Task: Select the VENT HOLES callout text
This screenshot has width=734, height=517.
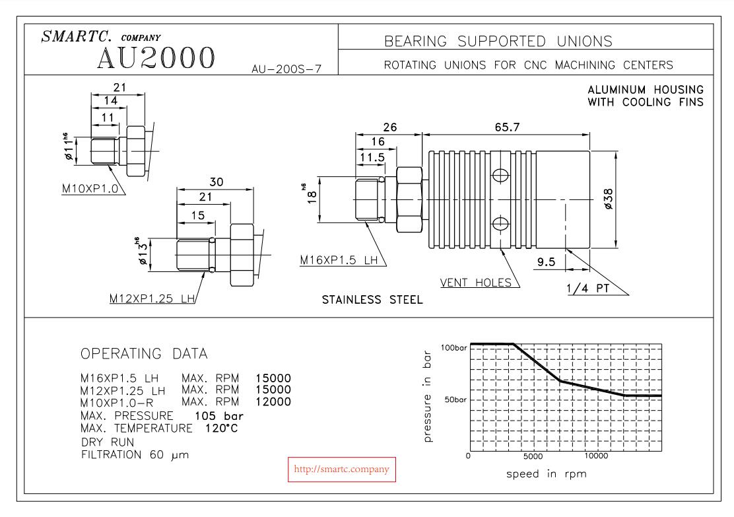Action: point(476,283)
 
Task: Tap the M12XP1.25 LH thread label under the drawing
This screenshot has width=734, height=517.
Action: point(152,299)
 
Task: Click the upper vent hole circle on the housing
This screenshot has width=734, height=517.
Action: point(501,175)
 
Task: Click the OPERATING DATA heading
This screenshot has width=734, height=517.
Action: point(144,355)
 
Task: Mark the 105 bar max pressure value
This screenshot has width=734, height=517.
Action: point(219,415)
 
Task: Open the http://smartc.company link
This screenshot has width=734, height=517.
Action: point(341,469)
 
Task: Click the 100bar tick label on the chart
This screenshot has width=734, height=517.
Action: point(453,347)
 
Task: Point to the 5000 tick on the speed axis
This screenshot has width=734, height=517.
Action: point(533,456)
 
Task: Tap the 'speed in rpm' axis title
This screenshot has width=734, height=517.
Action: point(546,473)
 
